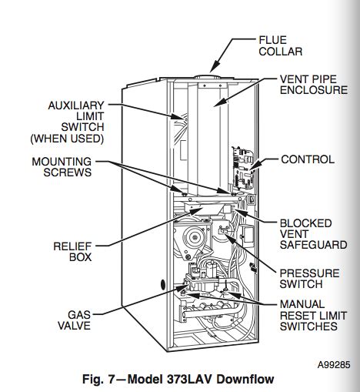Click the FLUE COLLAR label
click(x=281, y=45)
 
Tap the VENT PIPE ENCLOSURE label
click(x=314, y=85)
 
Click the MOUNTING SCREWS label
click(x=62, y=167)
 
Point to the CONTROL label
click(x=308, y=159)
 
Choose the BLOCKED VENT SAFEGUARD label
click(x=313, y=234)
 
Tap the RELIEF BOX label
click(x=72, y=252)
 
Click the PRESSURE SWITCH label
click(x=309, y=279)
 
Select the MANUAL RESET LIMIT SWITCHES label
click(x=313, y=315)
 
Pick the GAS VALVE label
click(x=75, y=320)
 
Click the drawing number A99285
click(x=334, y=364)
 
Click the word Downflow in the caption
click(x=245, y=379)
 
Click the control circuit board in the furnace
click(x=244, y=168)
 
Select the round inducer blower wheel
click(x=194, y=237)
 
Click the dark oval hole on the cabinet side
click(x=162, y=284)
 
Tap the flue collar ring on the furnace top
click(x=207, y=77)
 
